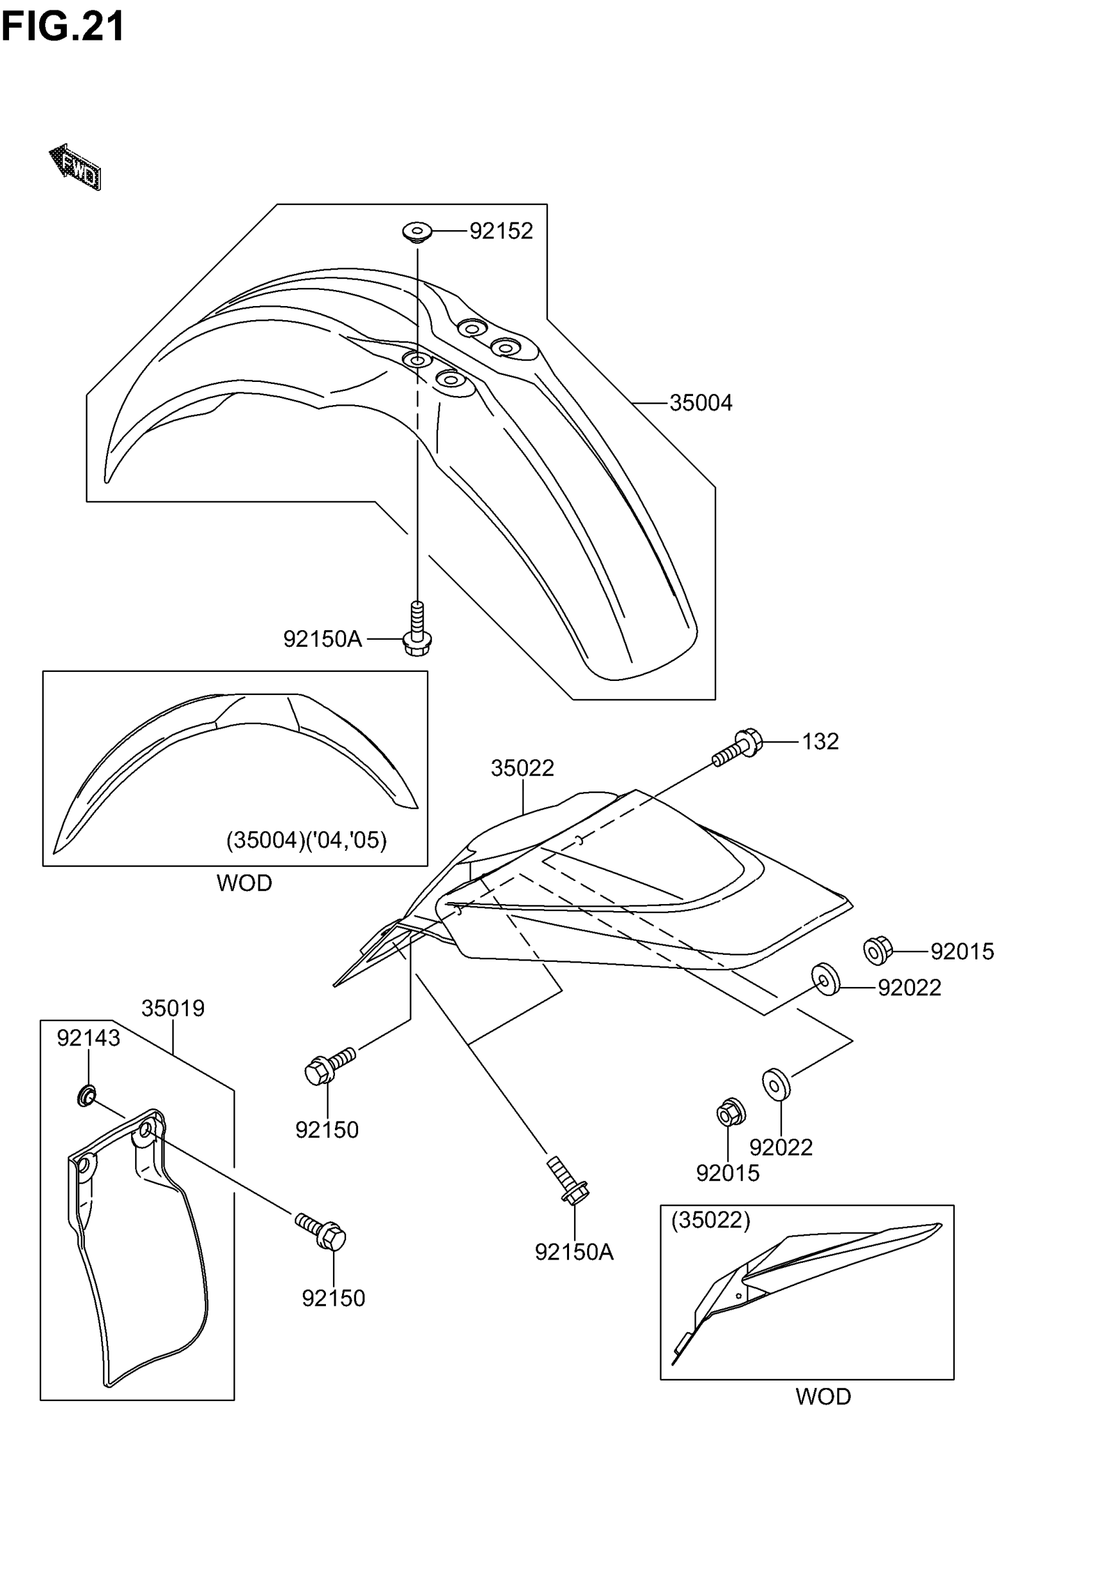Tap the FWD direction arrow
tap(76, 167)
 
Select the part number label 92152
tap(501, 231)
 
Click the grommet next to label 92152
tap(417, 231)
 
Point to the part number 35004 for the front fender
tap(701, 403)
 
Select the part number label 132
tap(820, 741)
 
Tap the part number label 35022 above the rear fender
tap(522, 768)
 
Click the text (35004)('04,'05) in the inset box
tap(306, 840)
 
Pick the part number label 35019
tap(172, 1009)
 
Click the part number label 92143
tap(88, 1038)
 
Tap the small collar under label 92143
tap(86, 1096)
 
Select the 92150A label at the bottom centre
tap(574, 1253)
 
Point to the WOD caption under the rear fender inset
tap(822, 1397)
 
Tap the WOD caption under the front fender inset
tap(244, 883)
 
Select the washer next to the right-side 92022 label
tap(826, 980)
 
